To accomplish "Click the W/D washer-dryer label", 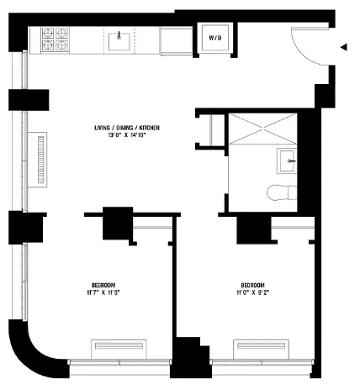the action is pos(215,38).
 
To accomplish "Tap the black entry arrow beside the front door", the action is pos(344,47).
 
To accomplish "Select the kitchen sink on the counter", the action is pos(119,41).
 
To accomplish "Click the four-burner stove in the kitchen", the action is pos(55,39).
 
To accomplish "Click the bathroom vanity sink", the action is pos(287,160).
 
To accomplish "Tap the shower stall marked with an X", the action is pos(262,129).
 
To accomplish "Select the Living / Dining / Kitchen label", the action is pos(127,128).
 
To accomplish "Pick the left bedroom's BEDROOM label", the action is pos(103,286).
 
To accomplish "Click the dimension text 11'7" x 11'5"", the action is pos(103,292).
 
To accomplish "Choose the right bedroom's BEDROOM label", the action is pos(253,286).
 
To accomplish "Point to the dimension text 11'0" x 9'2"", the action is pos(253,292).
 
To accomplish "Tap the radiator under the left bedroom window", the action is pos(119,349).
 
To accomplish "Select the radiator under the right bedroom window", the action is pos(261,349).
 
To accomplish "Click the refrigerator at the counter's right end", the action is pos(176,41).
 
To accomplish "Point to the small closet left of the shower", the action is pos(212,130).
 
